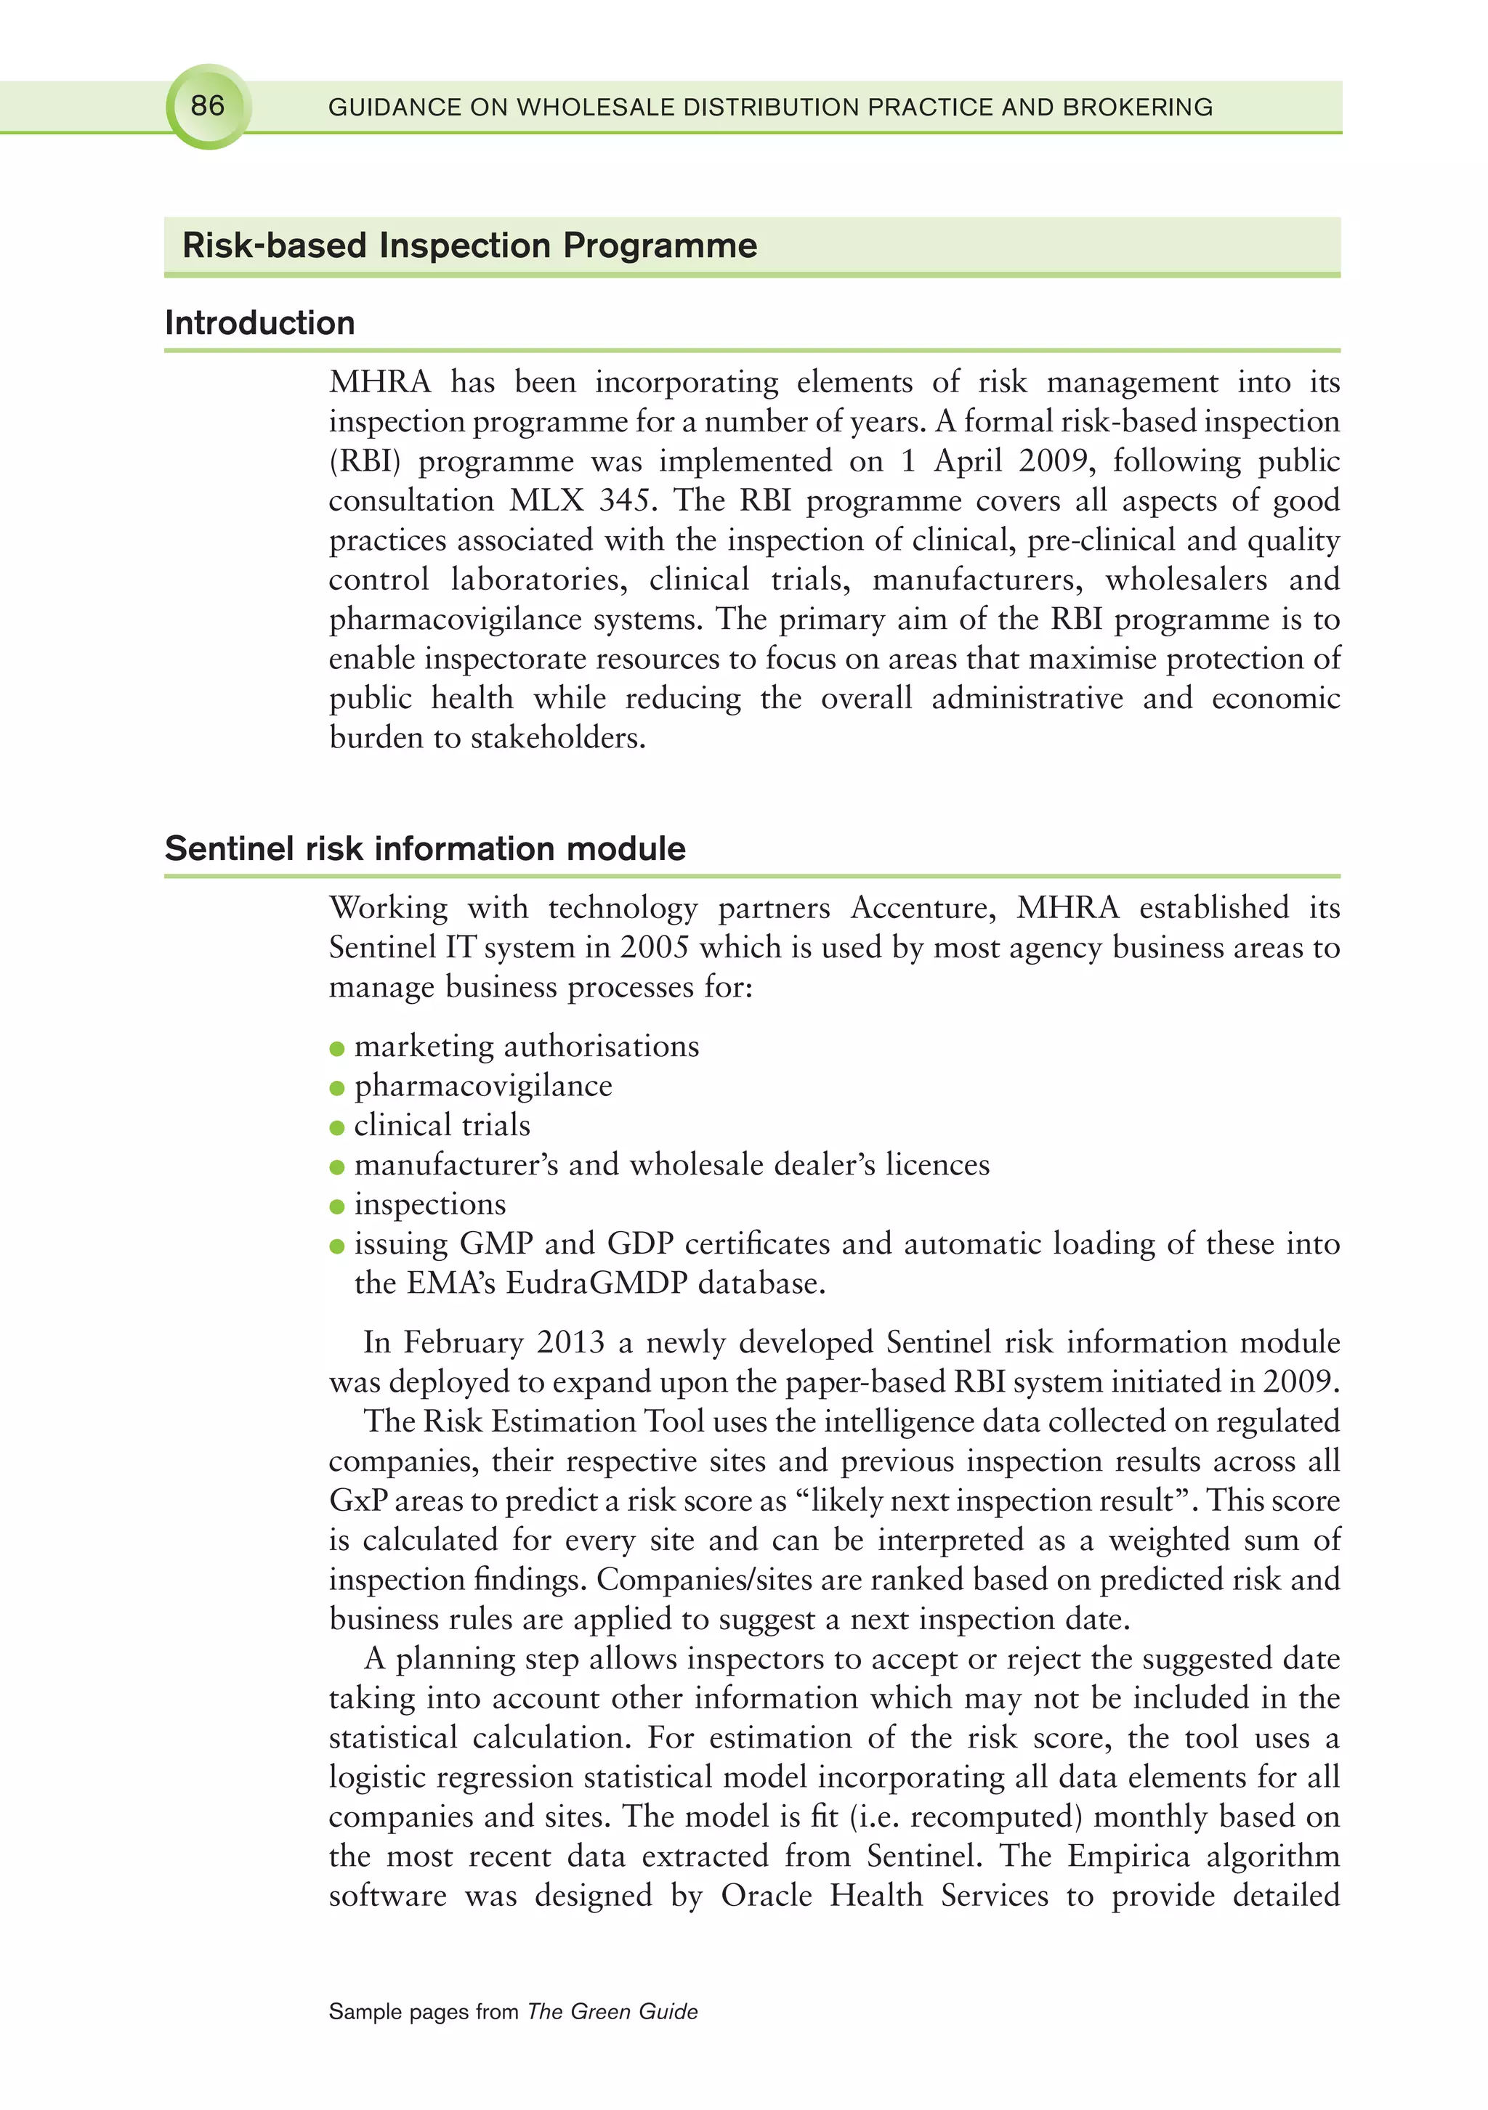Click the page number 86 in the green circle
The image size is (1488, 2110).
[x=208, y=106]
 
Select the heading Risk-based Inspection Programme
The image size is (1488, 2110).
[x=469, y=246]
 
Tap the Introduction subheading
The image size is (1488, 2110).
[x=260, y=322]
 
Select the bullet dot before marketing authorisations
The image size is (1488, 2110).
[x=337, y=1049]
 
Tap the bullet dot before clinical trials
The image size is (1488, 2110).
[x=337, y=1127]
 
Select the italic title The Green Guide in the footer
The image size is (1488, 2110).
[x=612, y=2012]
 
